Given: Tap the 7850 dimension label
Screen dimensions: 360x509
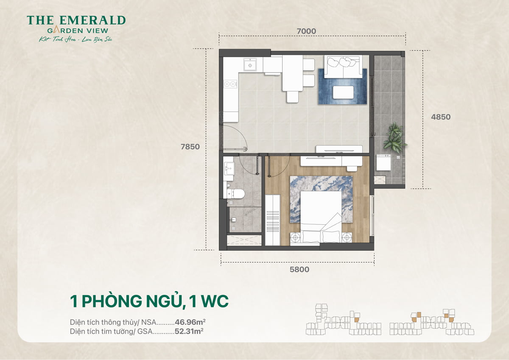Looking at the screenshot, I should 190,147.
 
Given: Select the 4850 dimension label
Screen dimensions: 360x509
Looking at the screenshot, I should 441,117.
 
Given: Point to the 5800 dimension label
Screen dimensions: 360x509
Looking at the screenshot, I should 299,269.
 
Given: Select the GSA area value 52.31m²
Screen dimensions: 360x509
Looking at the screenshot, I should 189,331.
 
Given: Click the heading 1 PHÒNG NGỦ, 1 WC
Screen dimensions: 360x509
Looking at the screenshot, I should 149,301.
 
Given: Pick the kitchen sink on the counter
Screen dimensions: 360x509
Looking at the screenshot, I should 250,65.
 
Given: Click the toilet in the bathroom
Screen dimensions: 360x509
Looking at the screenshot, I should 236,193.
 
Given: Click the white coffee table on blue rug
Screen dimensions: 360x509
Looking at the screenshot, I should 343,92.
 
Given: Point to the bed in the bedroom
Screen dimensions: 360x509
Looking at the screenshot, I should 321,216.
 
